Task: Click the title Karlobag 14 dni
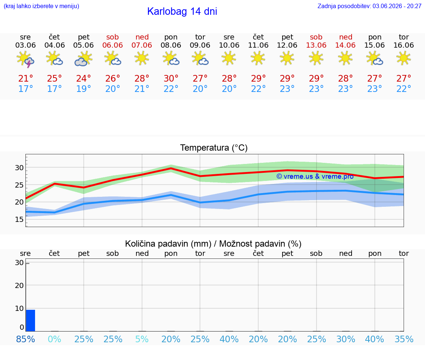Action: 182,11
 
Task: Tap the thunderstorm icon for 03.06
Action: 25,59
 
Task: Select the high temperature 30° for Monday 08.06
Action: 171,78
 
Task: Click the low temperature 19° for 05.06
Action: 83,89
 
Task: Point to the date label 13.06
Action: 316,45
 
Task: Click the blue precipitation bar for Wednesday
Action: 31,320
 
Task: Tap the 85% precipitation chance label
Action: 25,339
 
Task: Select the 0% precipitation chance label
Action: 55,339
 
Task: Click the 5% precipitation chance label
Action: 142,339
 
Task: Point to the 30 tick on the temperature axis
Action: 19,168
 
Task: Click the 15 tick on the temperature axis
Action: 19,219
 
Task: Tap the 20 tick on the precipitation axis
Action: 19,285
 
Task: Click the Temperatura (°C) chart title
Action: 214,148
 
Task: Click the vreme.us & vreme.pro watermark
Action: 315,176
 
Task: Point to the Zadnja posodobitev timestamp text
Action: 369,6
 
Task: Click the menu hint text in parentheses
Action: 41,6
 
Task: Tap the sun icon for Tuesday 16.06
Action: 404,58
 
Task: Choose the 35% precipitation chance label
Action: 404,339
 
